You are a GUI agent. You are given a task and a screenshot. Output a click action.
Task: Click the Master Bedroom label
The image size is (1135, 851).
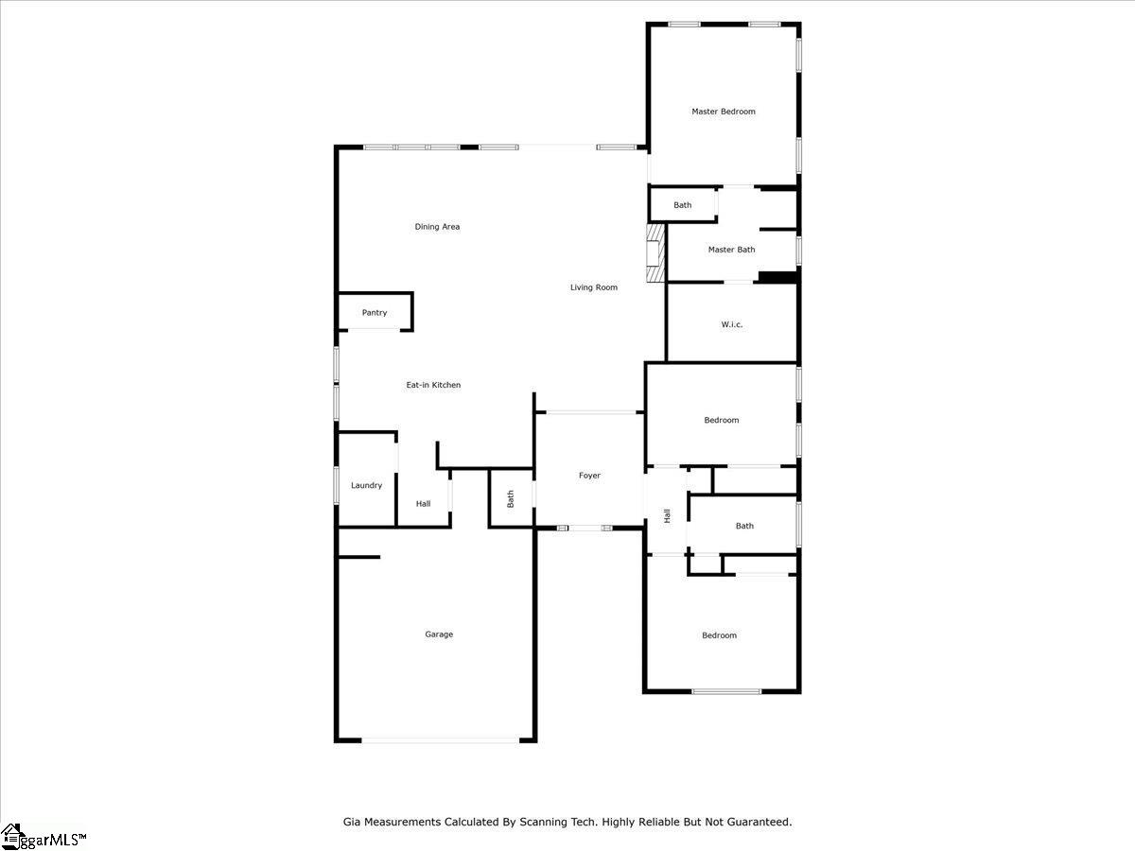[724, 112]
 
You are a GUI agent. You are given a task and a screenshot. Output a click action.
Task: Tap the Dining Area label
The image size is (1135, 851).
[437, 227]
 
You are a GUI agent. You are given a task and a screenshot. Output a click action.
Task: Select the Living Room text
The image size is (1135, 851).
[594, 287]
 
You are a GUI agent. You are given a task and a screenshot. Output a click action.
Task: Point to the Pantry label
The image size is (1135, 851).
[375, 313]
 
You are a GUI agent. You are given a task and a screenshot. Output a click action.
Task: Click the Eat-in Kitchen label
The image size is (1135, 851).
[433, 385]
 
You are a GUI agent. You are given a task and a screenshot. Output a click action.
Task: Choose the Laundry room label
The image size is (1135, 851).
[367, 486]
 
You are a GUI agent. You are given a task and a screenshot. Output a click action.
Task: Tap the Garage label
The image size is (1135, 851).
[439, 634]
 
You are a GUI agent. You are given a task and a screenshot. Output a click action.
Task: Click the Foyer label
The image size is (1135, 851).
[589, 476]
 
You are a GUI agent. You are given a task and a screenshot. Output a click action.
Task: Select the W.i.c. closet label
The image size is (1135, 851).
[732, 324]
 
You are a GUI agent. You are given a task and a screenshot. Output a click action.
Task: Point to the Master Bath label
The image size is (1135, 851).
[732, 250]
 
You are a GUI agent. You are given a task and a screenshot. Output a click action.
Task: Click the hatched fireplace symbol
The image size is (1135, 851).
[655, 253]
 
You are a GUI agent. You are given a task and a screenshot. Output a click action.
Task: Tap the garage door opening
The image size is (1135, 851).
[441, 740]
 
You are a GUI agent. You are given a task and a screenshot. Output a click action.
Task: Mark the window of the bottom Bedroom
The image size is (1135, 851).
[726, 691]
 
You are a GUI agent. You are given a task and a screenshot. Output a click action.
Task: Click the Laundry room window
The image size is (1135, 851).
[337, 486]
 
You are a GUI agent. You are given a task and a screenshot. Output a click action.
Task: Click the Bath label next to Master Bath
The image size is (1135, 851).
[682, 205]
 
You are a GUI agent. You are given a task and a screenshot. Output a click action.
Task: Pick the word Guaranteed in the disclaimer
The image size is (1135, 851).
[758, 822]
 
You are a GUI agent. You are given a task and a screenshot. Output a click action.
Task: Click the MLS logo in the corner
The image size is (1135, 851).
[44, 837]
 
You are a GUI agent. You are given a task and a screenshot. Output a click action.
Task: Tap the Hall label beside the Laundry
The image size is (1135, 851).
[423, 504]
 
